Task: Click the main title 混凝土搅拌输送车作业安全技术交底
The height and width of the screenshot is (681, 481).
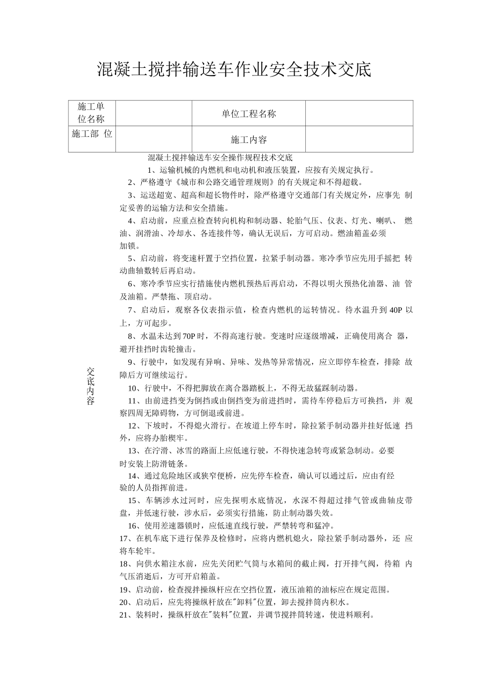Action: [234, 70]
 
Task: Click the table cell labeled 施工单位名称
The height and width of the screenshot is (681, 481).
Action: [91, 113]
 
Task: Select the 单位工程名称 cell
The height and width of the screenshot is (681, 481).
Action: [249, 114]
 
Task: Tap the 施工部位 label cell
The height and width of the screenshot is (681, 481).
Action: [92, 134]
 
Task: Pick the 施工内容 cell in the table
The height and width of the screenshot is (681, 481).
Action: [249, 140]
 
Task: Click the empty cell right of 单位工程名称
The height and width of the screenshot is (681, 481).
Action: [359, 113]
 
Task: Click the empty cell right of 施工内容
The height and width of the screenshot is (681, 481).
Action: [359, 139]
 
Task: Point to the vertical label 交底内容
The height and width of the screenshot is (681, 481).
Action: [91, 386]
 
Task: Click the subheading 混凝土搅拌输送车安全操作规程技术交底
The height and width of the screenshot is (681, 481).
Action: [220, 158]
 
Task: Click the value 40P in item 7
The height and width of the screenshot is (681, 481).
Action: [395, 310]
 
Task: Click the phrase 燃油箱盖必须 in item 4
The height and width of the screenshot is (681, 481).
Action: [362, 234]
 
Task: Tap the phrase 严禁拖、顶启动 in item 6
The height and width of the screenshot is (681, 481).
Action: [183, 297]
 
